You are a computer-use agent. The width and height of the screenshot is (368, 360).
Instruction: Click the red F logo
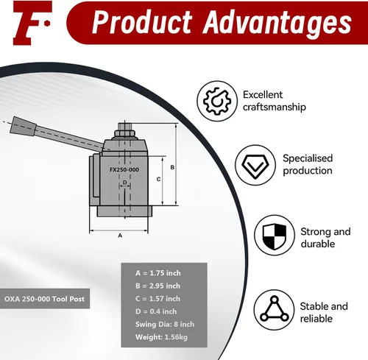[31, 23]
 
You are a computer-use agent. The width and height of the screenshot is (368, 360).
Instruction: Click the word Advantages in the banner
[277, 23]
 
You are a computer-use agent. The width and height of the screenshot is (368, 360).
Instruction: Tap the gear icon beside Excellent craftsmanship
[217, 101]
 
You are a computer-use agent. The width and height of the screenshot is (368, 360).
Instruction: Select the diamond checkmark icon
[255, 165]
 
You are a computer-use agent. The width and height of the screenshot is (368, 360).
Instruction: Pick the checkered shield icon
[275, 236]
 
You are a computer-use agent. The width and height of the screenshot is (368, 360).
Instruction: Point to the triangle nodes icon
[274, 310]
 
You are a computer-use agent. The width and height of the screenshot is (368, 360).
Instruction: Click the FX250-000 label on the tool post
[124, 169]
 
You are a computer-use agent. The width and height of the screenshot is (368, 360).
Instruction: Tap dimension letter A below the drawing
[120, 236]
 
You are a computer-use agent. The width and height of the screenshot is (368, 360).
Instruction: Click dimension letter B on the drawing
[172, 167]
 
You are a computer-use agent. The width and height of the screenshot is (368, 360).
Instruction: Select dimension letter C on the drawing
[158, 179]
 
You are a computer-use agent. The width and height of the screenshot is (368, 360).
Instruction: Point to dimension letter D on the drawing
[125, 183]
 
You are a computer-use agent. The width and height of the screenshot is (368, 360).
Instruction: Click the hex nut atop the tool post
[124, 134]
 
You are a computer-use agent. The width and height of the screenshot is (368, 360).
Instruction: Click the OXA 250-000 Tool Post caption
[44, 299]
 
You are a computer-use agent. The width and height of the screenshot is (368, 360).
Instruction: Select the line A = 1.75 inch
[158, 273]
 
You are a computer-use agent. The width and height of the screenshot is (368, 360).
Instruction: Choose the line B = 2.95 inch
[158, 286]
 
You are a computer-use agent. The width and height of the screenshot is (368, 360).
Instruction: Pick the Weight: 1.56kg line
[161, 337]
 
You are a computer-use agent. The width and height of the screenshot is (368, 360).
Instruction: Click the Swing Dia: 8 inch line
[165, 324]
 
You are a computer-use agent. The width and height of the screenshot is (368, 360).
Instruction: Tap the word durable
[318, 244]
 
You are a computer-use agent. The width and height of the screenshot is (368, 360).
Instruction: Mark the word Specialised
[308, 158]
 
